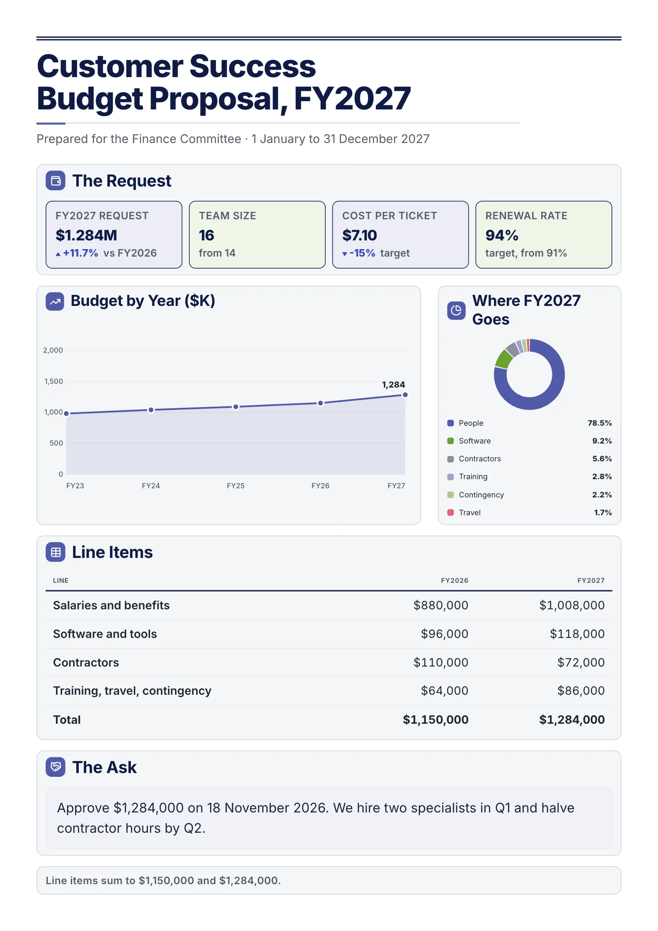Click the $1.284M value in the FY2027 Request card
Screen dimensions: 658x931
86,235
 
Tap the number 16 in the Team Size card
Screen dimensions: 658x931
206,235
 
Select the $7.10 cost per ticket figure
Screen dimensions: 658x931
359,235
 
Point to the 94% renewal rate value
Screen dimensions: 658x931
502,235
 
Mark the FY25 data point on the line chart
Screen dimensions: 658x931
236,407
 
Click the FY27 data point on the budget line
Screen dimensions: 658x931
405,395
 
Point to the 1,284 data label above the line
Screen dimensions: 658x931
393,385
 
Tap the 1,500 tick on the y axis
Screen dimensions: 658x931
54,381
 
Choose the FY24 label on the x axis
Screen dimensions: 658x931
151,486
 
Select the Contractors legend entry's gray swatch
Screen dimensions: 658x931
450,459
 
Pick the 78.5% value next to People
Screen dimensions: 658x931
600,423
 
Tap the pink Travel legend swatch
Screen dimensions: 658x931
450,512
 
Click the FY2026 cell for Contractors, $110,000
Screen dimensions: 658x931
441,662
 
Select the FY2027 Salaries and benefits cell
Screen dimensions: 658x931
572,605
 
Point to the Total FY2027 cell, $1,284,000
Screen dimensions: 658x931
572,720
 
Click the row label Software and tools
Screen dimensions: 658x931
105,634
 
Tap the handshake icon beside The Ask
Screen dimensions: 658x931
56,767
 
